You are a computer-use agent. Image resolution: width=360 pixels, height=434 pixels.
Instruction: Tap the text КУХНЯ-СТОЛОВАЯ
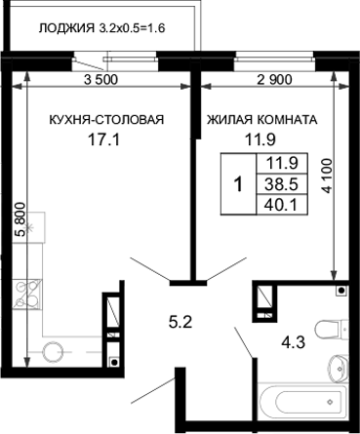(x=106, y=121)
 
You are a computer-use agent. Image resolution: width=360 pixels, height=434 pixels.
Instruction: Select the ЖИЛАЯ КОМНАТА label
(x=260, y=121)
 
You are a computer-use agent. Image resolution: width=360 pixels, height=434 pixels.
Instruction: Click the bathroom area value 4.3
(x=291, y=342)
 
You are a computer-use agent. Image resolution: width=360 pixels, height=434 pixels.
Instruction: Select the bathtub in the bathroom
(x=300, y=405)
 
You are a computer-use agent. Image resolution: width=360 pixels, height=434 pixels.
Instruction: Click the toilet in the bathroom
(x=333, y=328)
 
